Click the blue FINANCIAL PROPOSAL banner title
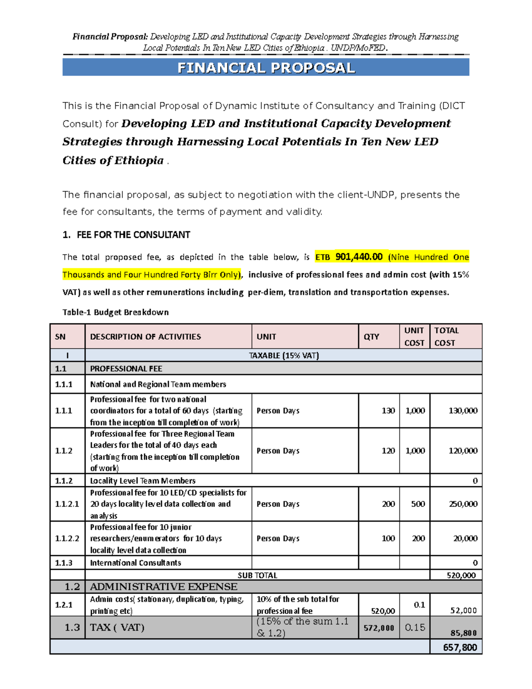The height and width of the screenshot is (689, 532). pyautogui.click(x=266, y=68)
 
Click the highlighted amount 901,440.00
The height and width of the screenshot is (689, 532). pyautogui.click(x=359, y=257)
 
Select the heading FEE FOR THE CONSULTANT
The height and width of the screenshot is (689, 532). pyautogui.click(x=133, y=235)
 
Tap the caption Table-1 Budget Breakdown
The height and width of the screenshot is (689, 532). pyautogui.click(x=115, y=312)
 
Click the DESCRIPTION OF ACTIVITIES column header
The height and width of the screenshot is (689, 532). pyautogui.click(x=145, y=337)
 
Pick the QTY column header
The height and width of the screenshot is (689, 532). pyautogui.click(x=371, y=337)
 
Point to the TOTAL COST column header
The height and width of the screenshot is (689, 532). pyautogui.click(x=446, y=337)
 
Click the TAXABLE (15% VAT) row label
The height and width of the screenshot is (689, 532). pyautogui.click(x=284, y=355)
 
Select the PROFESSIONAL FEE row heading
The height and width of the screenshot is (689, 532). pyautogui.click(x=126, y=369)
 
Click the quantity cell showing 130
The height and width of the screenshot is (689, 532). pyautogui.click(x=388, y=411)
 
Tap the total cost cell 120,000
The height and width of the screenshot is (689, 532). pyautogui.click(x=463, y=451)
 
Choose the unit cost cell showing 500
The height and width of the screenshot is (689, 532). pyautogui.click(x=418, y=504)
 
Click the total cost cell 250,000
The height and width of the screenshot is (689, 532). pyautogui.click(x=463, y=504)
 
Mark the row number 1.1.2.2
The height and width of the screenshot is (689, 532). pyautogui.click(x=67, y=539)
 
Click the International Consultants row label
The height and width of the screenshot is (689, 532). pyautogui.click(x=136, y=563)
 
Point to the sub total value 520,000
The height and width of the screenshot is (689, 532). pyautogui.click(x=461, y=575)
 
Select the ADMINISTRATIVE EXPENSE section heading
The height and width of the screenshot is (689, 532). pyautogui.click(x=164, y=587)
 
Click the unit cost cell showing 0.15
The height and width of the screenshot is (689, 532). pyautogui.click(x=415, y=627)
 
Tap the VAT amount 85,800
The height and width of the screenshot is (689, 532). pyautogui.click(x=464, y=633)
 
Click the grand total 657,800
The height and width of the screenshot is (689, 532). pyautogui.click(x=460, y=648)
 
